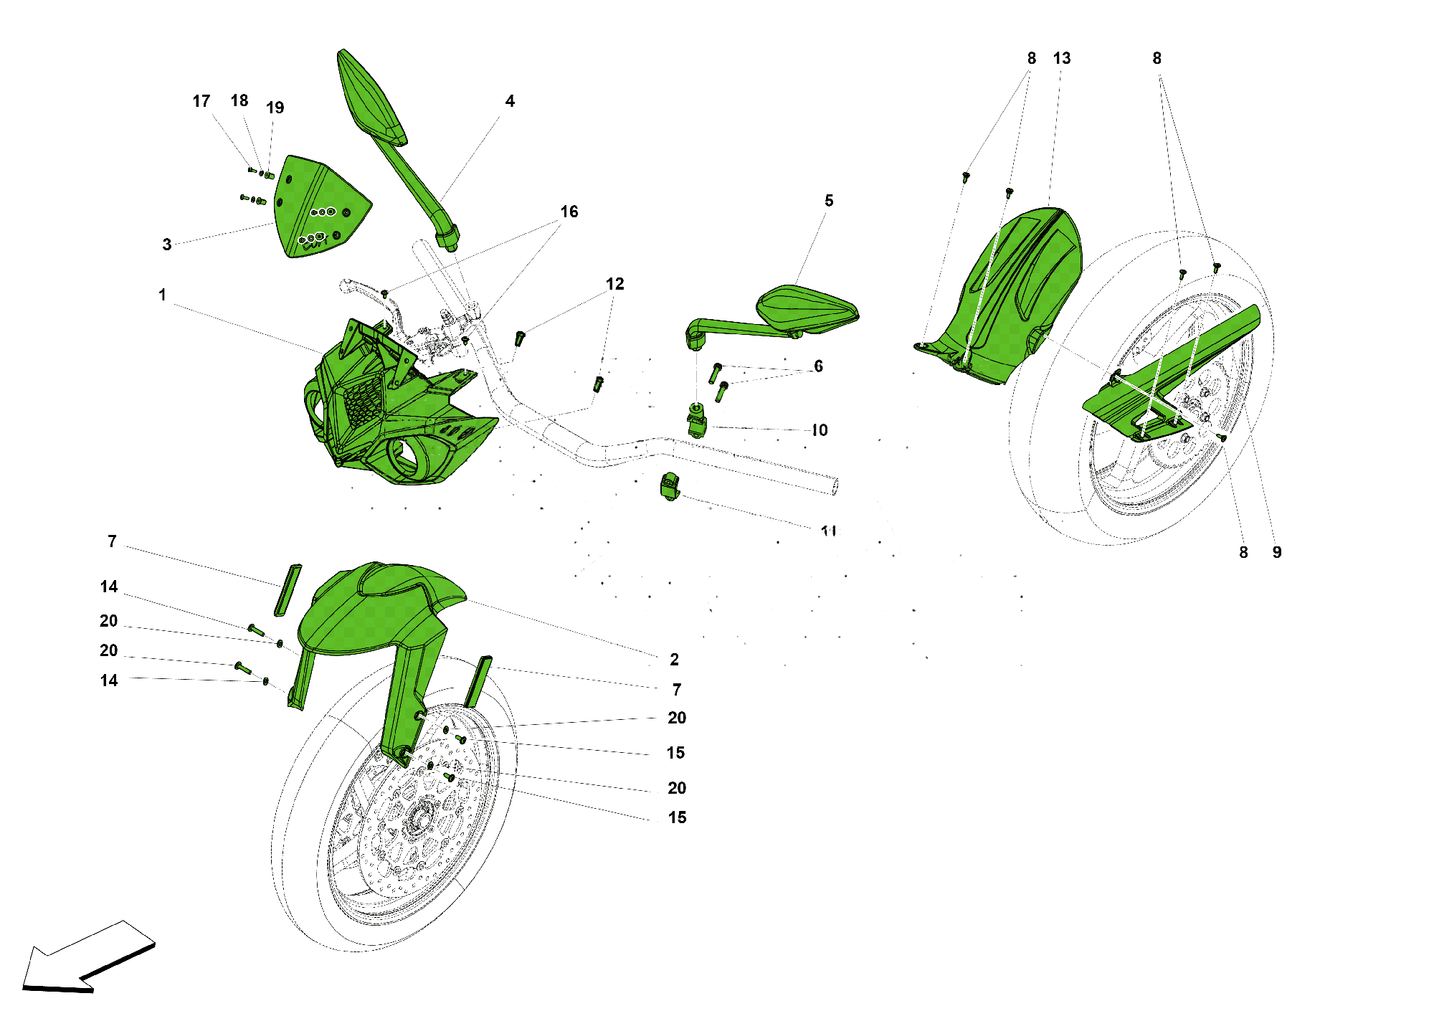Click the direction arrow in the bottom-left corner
tap(86, 957)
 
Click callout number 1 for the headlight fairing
tap(162, 295)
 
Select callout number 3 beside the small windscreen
tap(166, 245)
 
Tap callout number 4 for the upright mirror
tap(510, 101)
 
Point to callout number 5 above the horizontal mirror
tap(829, 201)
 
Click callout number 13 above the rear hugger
tap(1062, 58)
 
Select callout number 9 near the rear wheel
tap(1277, 552)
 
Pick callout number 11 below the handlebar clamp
tap(829, 531)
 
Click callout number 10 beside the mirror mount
tap(820, 430)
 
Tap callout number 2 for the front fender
tap(674, 659)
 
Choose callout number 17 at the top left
tap(201, 101)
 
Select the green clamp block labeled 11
tap(669, 488)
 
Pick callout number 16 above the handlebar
tap(569, 212)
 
